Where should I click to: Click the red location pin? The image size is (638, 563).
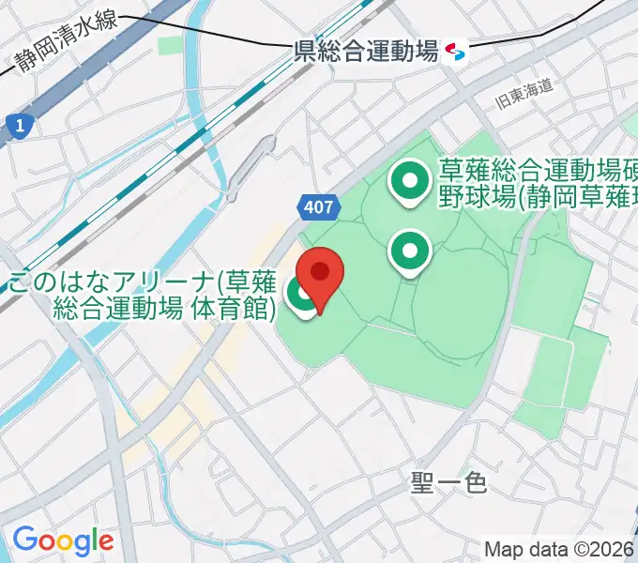pyautogui.click(x=320, y=273)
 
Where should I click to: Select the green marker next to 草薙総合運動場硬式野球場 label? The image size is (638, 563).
pyautogui.click(x=410, y=181)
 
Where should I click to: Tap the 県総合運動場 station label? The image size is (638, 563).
pyautogui.click(x=366, y=52)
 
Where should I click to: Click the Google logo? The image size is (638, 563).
pyautogui.click(x=62, y=540)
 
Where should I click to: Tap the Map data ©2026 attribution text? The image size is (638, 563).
pyautogui.click(x=559, y=548)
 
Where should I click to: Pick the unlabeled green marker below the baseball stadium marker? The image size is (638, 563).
pyautogui.click(x=410, y=251)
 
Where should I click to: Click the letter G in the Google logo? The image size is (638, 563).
pyautogui.click(x=23, y=540)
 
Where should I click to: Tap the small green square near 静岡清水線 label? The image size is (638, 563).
pyautogui.click(x=171, y=45)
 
